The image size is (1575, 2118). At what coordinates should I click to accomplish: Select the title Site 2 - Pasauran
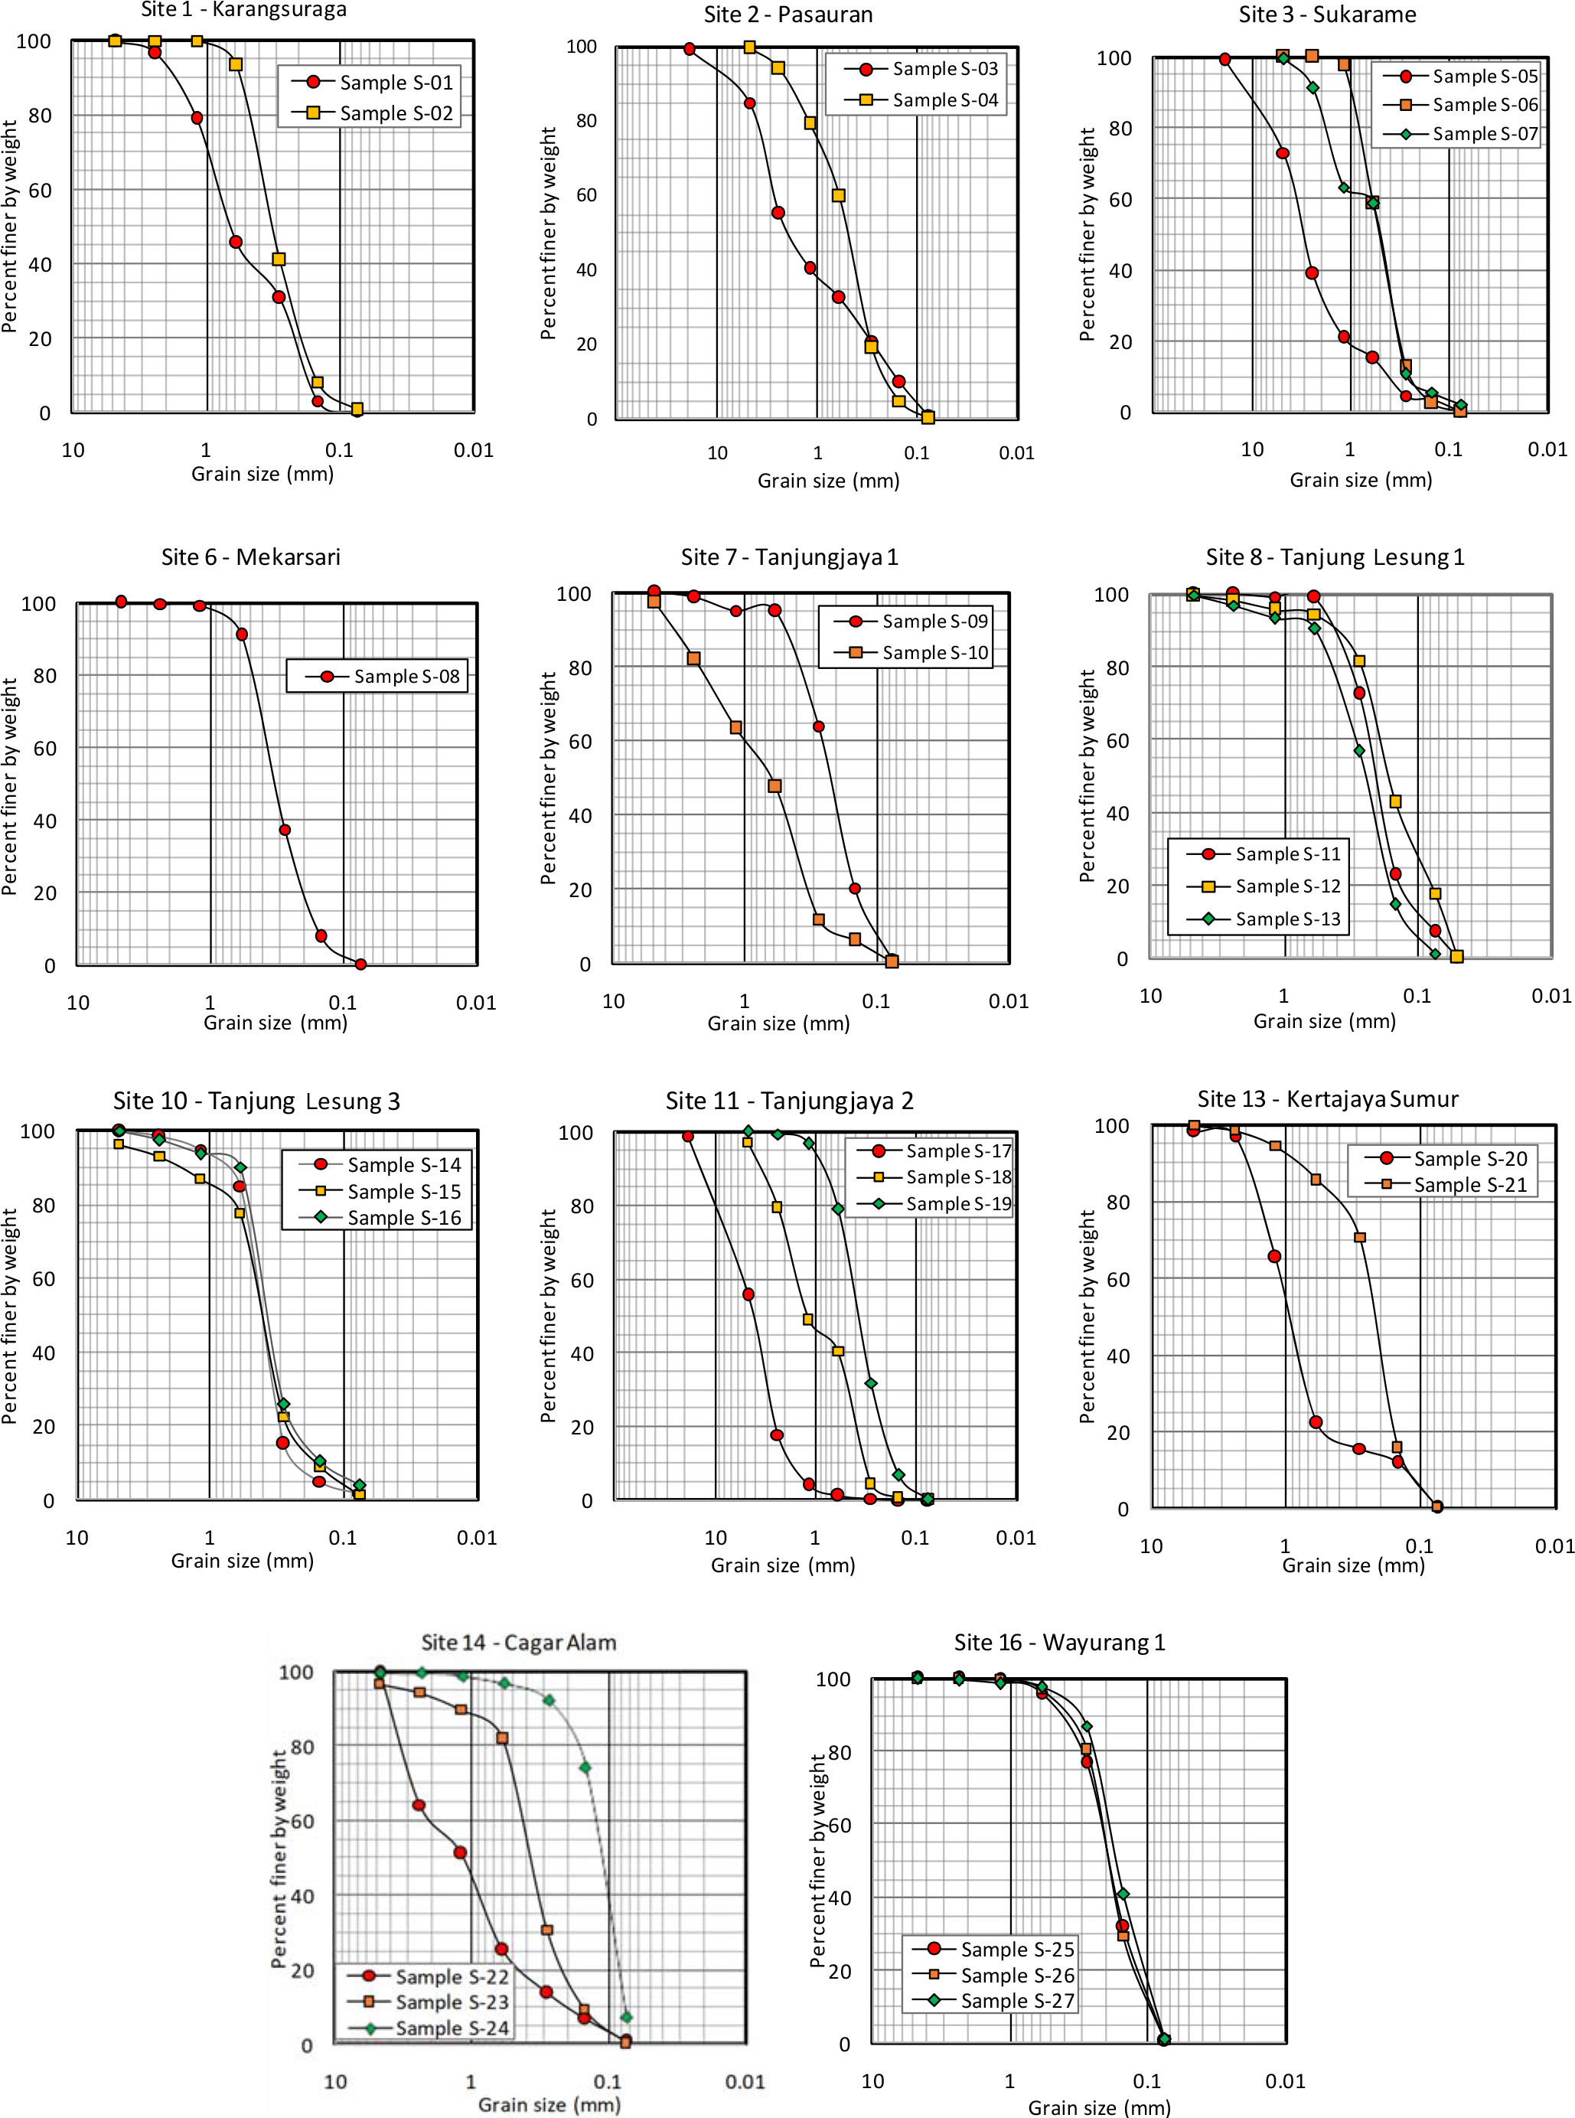(787, 15)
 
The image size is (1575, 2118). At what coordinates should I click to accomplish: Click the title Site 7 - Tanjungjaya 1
(789, 558)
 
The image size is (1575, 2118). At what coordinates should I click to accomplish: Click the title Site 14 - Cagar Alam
(519, 1642)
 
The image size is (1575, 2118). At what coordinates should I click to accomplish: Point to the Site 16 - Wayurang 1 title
(1059, 1642)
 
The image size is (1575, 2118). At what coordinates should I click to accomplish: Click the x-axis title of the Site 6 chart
(276, 1023)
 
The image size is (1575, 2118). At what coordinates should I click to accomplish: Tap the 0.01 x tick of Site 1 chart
(474, 450)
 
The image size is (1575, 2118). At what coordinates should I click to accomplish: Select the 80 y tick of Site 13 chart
(1118, 1203)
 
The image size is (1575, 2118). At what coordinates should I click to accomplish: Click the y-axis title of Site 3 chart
(1087, 234)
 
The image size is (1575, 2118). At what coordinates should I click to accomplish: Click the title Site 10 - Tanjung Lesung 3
(256, 1101)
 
